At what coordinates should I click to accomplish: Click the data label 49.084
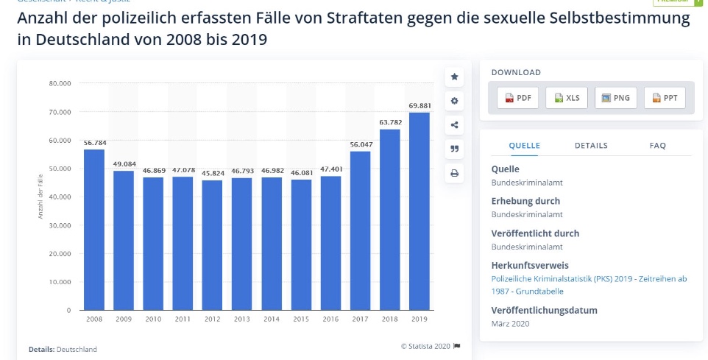(x=124, y=165)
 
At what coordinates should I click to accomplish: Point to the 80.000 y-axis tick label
(x=60, y=83)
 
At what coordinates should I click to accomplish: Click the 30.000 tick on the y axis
(x=60, y=225)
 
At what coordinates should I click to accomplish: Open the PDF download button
(x=518, y=98)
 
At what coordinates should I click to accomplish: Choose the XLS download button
(x=567, y=98)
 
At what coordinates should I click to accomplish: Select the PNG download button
(x=615, y=98)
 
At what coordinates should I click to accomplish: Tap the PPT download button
(x=665, y=98)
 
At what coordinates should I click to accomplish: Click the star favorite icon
(x=454, y=77)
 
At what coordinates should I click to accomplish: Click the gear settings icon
(x=454, y=101)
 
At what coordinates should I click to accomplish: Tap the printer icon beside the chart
(x=454, y=174)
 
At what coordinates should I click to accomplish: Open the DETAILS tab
(x=591, y=146)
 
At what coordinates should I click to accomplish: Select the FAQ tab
(x=657, y=146)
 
